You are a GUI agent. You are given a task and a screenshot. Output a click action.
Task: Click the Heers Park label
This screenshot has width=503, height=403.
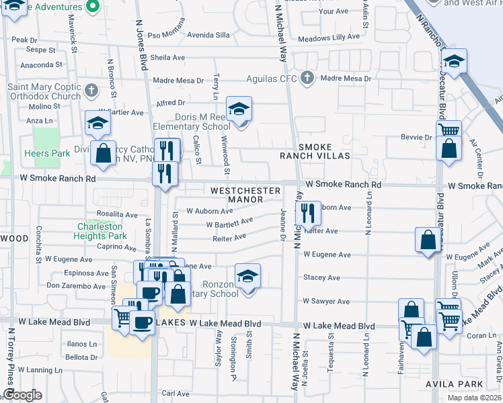(x=51, y=154)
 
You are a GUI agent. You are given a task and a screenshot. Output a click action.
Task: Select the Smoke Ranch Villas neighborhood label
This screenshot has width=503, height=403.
(x=315, y=151)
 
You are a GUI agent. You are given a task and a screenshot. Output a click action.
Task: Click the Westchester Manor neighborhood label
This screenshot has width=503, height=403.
(x=245, y=195)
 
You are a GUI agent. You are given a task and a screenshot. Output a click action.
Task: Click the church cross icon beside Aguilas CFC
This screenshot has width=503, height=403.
(x=307, y=77)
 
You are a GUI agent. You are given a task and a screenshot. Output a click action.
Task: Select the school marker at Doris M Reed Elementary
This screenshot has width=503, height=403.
(x=239, y=109)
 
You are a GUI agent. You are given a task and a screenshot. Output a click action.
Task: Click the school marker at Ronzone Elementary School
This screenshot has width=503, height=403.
(x=247, y=276)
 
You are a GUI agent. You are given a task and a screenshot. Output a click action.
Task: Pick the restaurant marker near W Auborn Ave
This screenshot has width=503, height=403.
(x=308, y=214)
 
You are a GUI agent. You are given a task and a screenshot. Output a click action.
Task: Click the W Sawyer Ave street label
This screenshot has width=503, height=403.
(x=326, y=302)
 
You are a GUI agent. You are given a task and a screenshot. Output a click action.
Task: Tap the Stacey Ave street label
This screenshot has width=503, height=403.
(x=321, y=277)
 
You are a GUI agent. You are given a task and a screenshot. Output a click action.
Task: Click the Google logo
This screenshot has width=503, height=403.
(x=22, y=395)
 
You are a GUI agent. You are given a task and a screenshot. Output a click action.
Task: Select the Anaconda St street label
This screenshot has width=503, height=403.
(x=41, y=65)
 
